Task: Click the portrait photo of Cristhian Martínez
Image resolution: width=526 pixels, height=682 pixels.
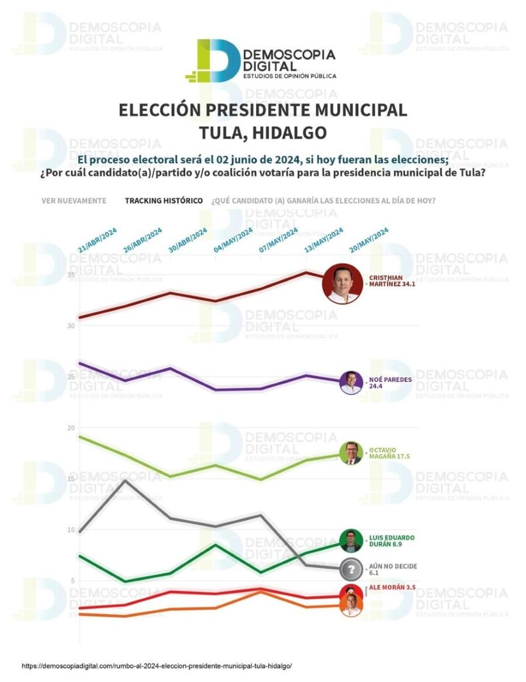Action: coord(343,283)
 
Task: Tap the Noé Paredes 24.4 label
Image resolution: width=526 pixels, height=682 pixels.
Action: coord(390,383)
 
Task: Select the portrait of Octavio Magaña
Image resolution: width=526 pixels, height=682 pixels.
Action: coord(351,453)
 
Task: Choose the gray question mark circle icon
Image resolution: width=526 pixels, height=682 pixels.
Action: coord(351,569)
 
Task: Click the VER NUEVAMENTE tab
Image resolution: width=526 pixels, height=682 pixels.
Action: coord(74,201)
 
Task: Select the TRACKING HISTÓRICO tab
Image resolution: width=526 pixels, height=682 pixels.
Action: coord(164,201)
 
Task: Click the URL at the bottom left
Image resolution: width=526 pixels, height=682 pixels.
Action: coord(157,666)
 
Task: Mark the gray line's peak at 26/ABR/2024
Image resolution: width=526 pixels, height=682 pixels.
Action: coord(124,480)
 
